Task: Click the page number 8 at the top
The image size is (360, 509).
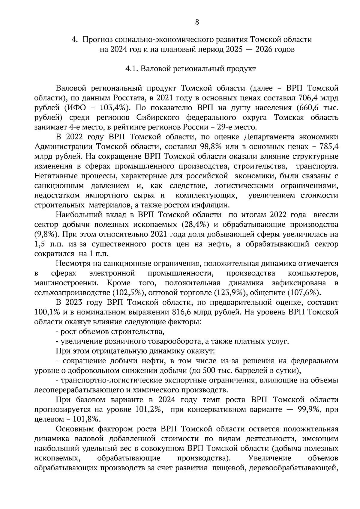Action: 197,22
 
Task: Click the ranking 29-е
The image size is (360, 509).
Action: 235,127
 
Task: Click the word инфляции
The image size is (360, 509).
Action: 214,205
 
